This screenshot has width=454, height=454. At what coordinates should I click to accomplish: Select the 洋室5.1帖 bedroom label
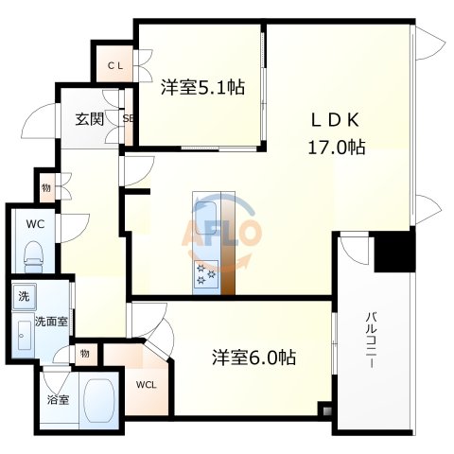point(202,87)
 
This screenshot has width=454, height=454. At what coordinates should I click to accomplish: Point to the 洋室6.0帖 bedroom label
point(253,358)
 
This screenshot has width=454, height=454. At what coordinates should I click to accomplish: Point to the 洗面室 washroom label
point(50,321)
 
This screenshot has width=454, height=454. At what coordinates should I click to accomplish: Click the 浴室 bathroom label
point(57,399)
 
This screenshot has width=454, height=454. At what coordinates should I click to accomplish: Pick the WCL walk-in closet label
point(146,385)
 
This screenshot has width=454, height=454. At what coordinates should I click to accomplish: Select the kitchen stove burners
point(206,274)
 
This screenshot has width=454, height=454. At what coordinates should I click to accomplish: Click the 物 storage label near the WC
point(45,186)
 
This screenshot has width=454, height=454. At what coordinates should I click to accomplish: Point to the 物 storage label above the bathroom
point(85,354)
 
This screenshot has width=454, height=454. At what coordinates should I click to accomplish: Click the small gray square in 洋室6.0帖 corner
point(324,410)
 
